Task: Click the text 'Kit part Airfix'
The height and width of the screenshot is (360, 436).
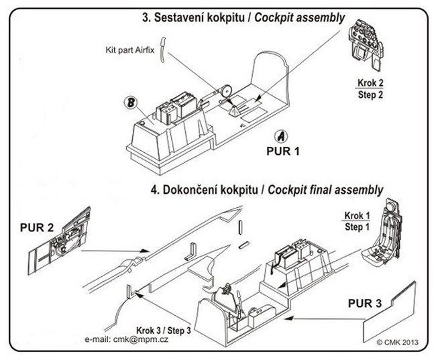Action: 130,50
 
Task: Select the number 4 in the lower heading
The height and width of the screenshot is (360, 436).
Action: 154,189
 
